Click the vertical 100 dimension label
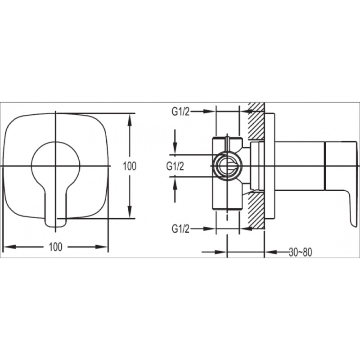[130, 166]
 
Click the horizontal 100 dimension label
[55, 247]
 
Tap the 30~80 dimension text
[300, 252]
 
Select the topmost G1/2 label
[180, 112]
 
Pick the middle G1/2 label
[175, 166]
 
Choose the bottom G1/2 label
[180, 229]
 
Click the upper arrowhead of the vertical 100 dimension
[130, 119]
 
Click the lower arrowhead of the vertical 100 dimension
[130, 212]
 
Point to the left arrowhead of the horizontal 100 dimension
[10, 247]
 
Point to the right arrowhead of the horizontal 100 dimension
[102, 247]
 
